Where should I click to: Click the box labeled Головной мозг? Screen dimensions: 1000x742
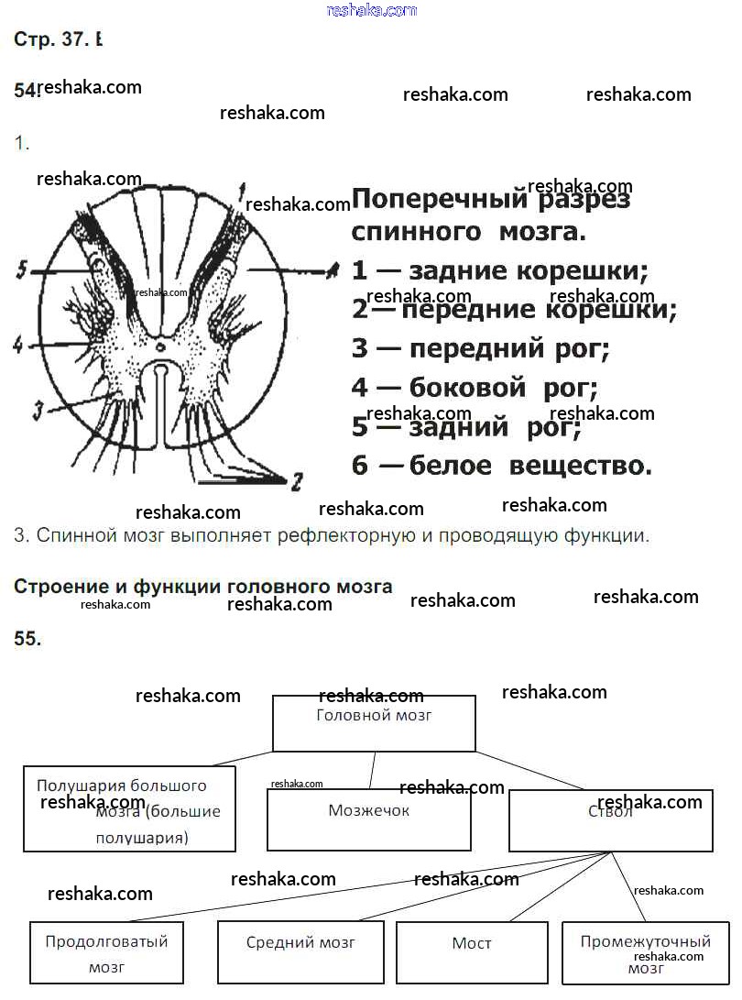coord(374,723)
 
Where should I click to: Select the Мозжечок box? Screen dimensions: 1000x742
coord(368,819)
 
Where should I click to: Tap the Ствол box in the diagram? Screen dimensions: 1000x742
coord(610,820)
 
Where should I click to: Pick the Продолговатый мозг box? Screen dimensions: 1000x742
coord(107,952)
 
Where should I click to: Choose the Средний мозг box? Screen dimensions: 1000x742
coord(300,952)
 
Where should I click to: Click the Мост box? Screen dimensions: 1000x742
coord(472,952)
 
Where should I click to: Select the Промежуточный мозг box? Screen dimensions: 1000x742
coord(646,953)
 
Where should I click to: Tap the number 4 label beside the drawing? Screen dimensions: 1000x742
coord(17,346)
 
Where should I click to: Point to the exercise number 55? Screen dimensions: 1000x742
coord(27,640)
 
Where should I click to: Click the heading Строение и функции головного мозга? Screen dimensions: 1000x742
coord(202,587)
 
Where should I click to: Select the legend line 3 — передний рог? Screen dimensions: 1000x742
coord(480,348)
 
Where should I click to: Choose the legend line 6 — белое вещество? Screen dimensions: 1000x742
coord(501,466)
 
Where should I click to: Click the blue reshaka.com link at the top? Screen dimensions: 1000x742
coord(372,10)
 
